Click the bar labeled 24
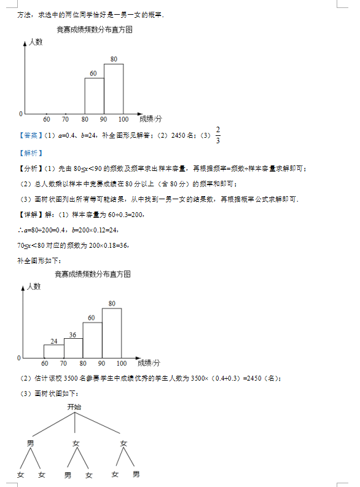click(54, 350)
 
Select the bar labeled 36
click(73, 347)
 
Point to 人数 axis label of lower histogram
click(33, 286)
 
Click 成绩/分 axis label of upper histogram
click(151, 118)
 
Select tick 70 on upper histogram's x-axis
click(65, 119)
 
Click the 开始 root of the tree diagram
click(74, 406)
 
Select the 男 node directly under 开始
click(30, 443)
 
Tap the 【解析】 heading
click(29, 152)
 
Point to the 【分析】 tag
click(29, 168)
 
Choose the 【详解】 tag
click(29, 215)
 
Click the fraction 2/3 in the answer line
click(217, 135)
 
